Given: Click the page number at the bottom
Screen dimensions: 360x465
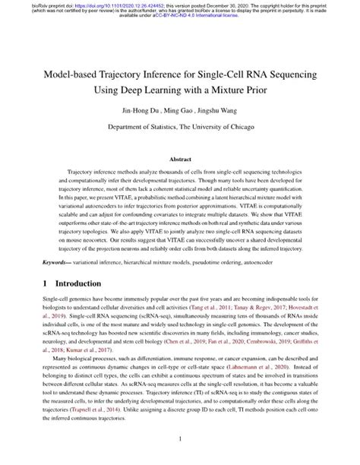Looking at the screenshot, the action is click(180, 438).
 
